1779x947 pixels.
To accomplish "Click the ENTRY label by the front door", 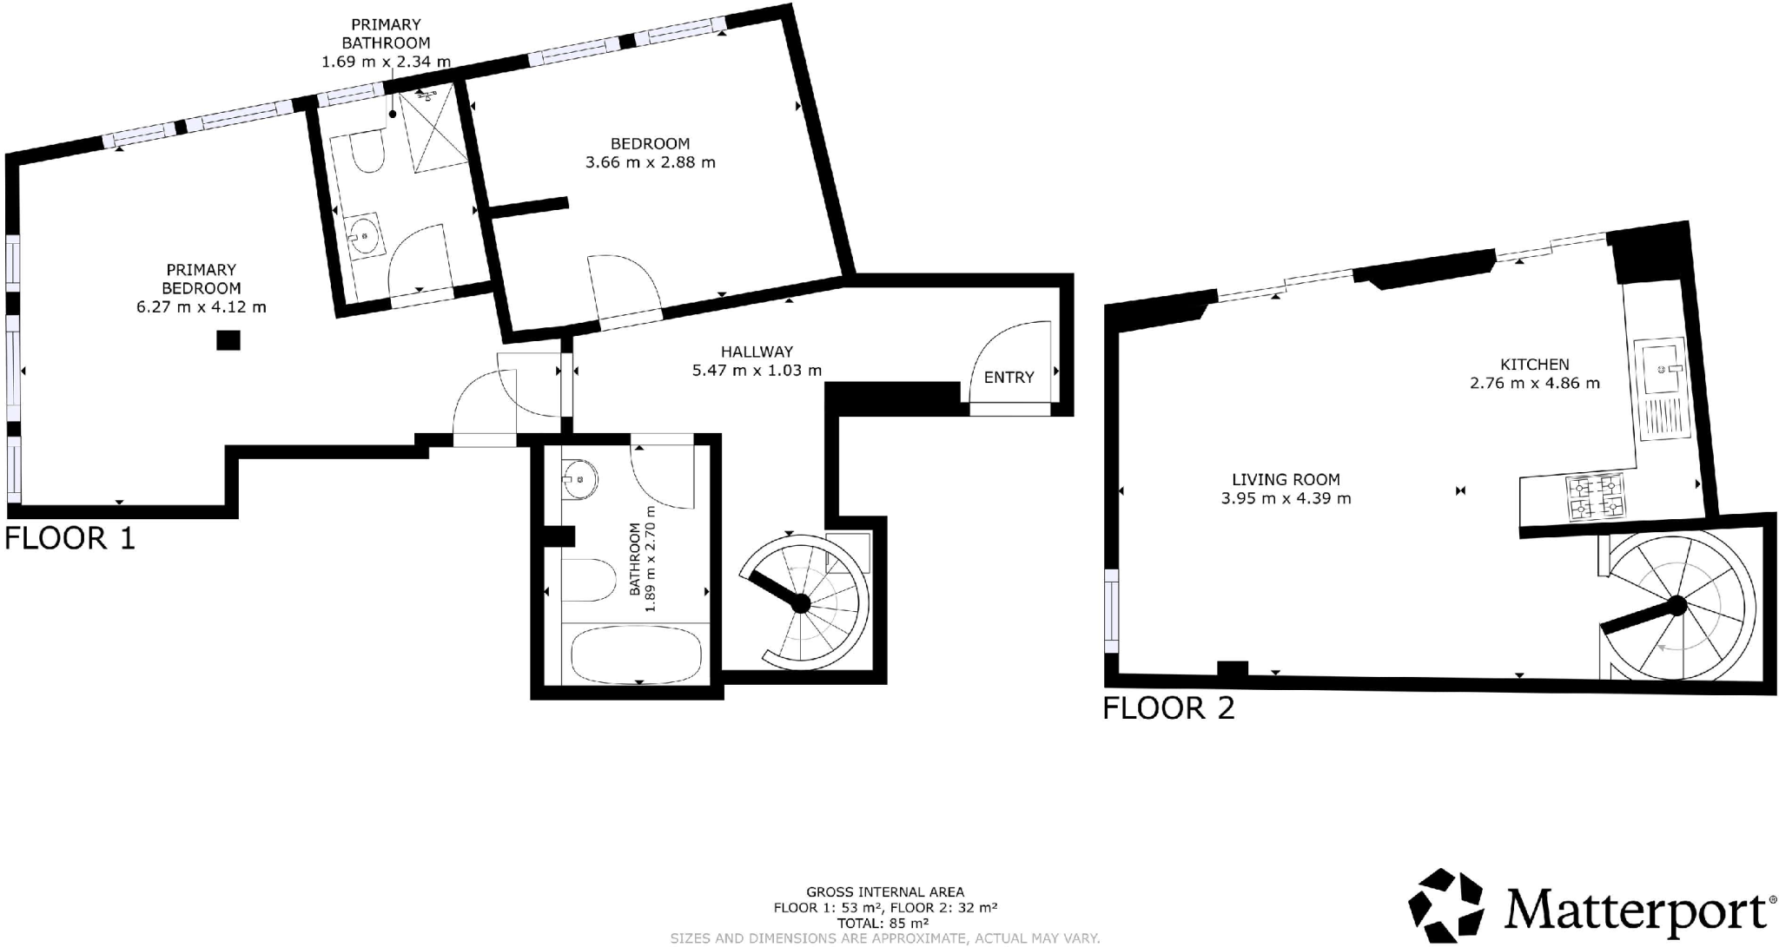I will (x=1009, y=378).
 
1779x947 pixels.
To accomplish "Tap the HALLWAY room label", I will (x=757, y=352).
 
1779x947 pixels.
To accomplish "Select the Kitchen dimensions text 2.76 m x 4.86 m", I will (x=1534, y=383).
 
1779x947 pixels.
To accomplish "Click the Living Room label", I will (x=1286, y=479).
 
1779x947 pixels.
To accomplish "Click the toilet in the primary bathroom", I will (x=368, y=155).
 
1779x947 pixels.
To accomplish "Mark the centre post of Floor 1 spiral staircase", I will (x=801, y=603).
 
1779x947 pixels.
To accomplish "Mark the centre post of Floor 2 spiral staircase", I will (x=1677, y=605).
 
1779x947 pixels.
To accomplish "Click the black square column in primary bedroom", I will (x=228, y=340).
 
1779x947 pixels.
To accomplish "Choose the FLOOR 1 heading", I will (x=70, y=538).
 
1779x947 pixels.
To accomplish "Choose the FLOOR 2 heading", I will (x=1168, y=708).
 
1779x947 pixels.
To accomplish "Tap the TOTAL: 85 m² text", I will (x=884, y=923).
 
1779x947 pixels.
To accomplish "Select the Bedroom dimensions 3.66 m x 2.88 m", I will (x=650, y=162).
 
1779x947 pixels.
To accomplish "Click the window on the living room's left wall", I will (x=1111, y=610).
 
